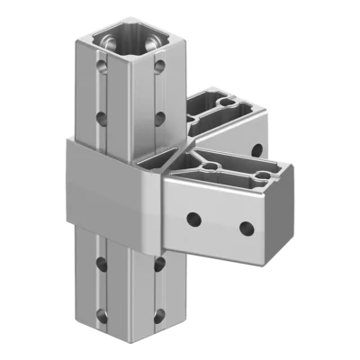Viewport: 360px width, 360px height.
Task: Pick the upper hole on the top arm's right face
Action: click(x=159, y=66)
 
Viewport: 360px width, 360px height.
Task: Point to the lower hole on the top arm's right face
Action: click(x=158, y=116)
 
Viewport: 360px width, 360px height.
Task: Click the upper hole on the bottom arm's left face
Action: click(x=102, y=262)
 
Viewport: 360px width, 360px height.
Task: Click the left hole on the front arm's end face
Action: click(x=192, y=216)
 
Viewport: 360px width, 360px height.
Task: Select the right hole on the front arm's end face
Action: click(x=244, y=227)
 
